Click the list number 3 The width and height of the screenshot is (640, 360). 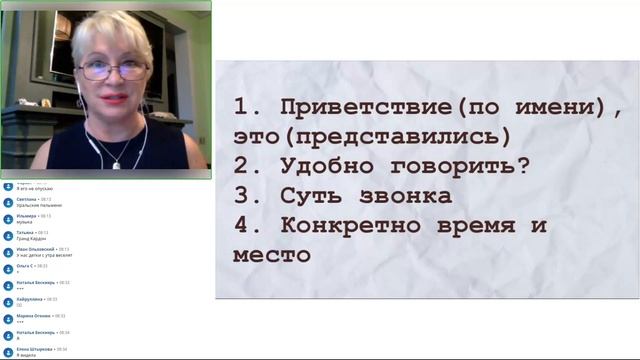243,195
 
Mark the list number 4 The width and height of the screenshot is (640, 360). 243,225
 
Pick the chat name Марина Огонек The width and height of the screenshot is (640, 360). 33,315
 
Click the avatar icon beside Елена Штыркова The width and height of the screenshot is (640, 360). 7,350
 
